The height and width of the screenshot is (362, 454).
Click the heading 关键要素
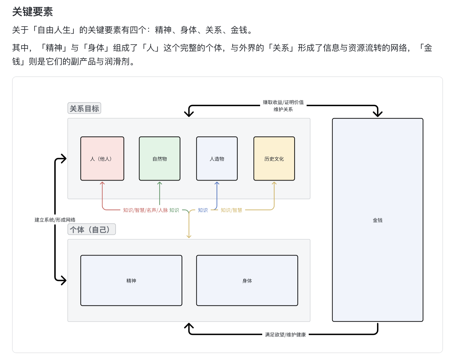coord(33,12)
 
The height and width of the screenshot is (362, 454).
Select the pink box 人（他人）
coord(102,159)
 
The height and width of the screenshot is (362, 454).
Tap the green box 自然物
coord(159,159)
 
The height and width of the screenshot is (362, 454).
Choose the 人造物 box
coord(217,159)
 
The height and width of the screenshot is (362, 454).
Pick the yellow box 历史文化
coord(274,159)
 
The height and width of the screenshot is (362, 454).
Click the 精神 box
coord(131,281)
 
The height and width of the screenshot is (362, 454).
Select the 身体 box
coord(247,281)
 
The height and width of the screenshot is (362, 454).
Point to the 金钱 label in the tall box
coord(378,220)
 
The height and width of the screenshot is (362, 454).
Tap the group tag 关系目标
coord(84,108)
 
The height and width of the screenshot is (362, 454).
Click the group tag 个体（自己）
coord(91,229)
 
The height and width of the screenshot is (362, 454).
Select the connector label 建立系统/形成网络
coord(55,220)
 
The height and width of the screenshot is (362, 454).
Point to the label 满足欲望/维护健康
coord(285,334)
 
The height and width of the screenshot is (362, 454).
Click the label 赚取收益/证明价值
coord(283,102)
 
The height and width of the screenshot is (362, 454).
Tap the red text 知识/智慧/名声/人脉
coord(145,210)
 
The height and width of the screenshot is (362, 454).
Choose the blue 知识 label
coord(203,210)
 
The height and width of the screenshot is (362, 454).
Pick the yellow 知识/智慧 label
coord(231,210)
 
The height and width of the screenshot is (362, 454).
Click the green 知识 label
coord(174,210)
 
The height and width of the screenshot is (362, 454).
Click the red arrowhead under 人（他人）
coord(102,183)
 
